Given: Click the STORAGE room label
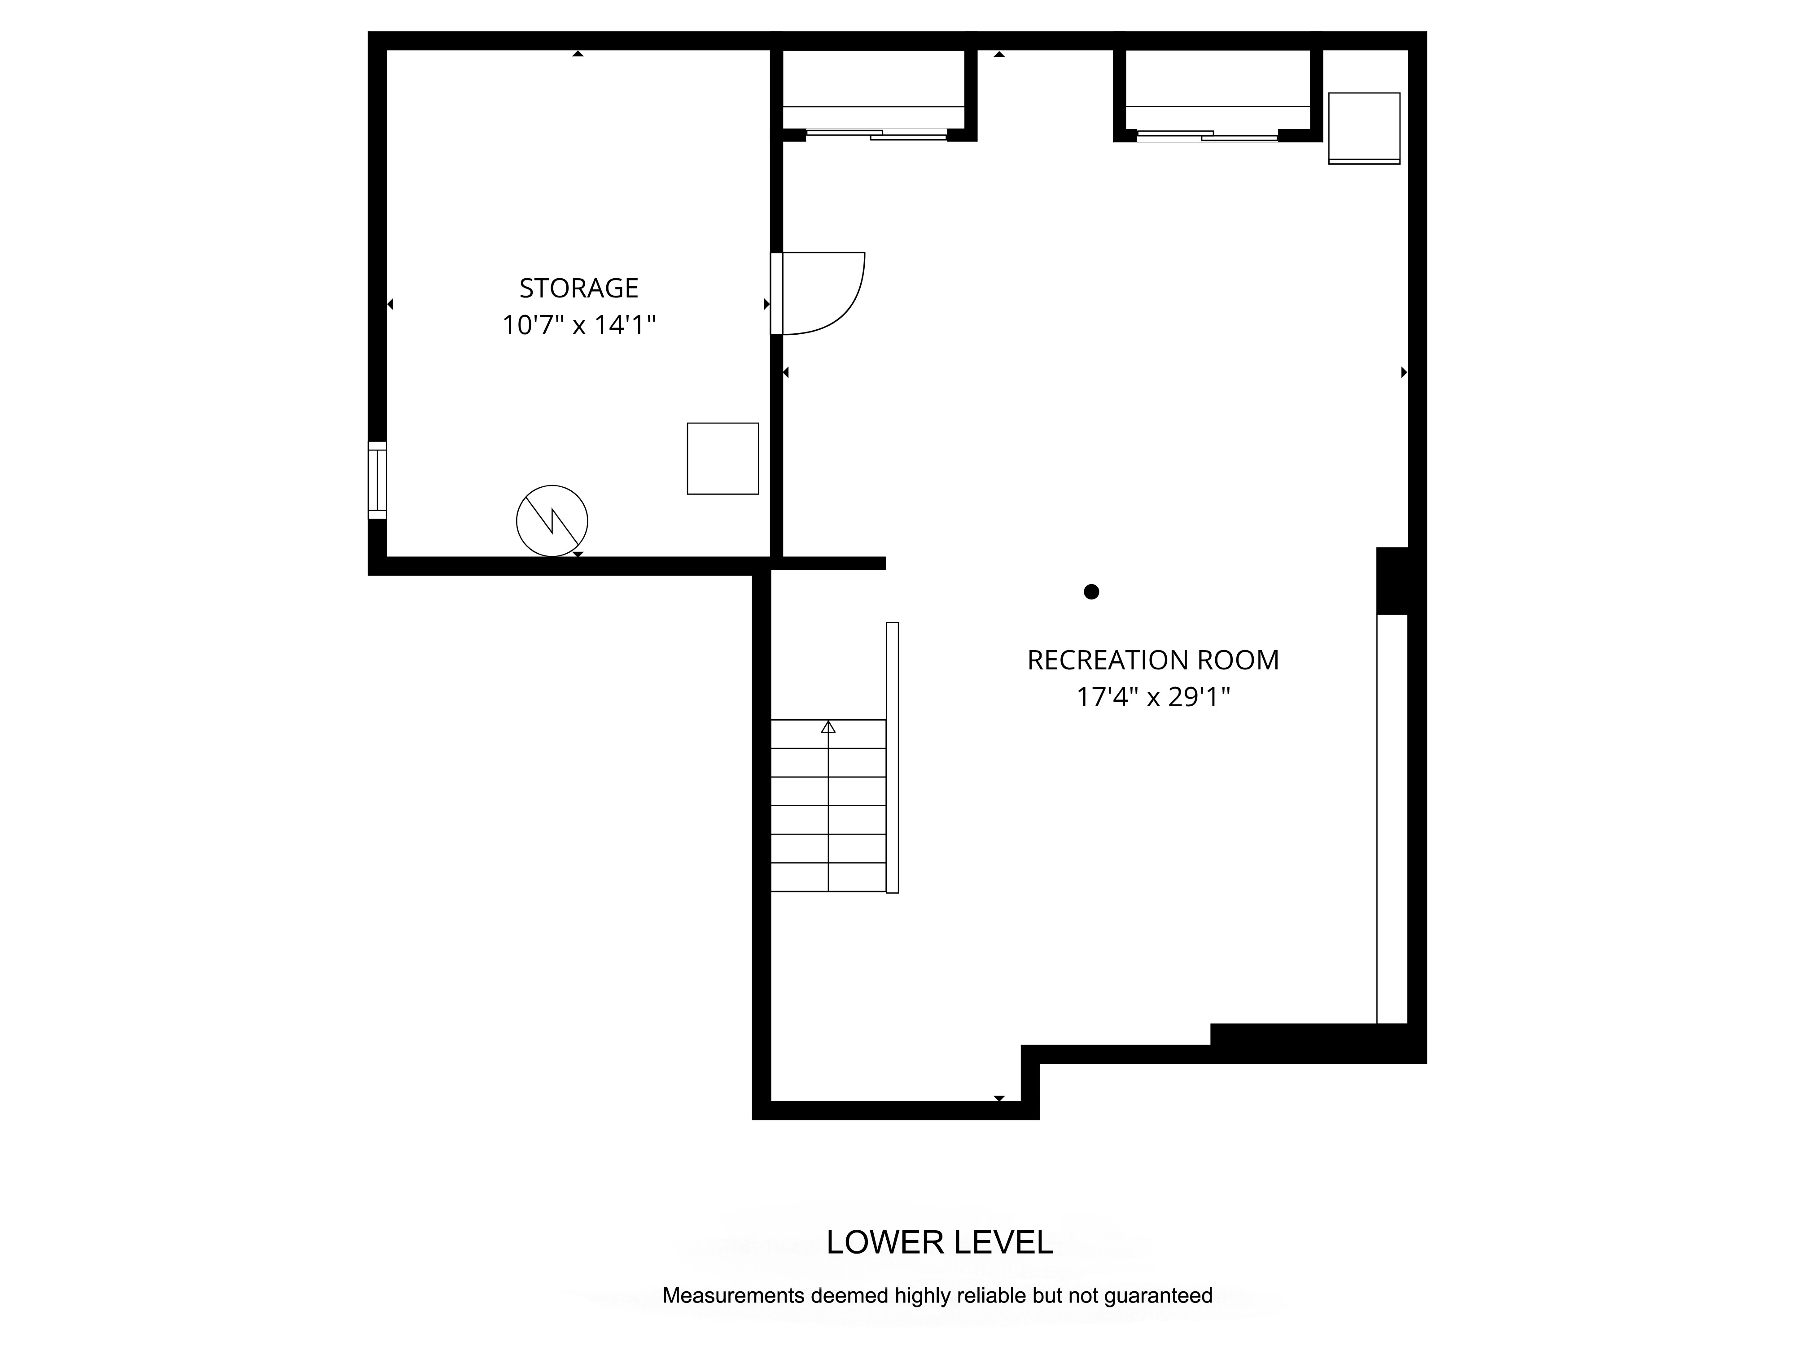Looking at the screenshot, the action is [x=578, y=288].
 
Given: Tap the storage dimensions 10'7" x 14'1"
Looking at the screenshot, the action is [x=578, y=325].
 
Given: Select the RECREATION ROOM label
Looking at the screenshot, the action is [x=1153, y=660].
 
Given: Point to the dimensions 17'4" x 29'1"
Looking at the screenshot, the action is [x=1153, y=697].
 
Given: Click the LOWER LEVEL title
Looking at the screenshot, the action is [x=940, y=1242].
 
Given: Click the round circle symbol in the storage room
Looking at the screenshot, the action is [x=552, y=521].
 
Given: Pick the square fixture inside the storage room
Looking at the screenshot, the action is [x=723, y=459].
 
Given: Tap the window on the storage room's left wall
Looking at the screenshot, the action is [x=377, y=481].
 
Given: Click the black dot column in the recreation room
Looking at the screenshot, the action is [x=1091, y=591].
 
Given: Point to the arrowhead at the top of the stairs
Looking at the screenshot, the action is [x=827, y=727].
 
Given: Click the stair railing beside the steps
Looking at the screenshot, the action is [x=893, y=758].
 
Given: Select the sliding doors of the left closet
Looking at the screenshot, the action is [x=876, y=135].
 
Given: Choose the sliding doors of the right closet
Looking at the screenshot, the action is [x=1208, y=135].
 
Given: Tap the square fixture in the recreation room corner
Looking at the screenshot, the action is [x=1364, y=128].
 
